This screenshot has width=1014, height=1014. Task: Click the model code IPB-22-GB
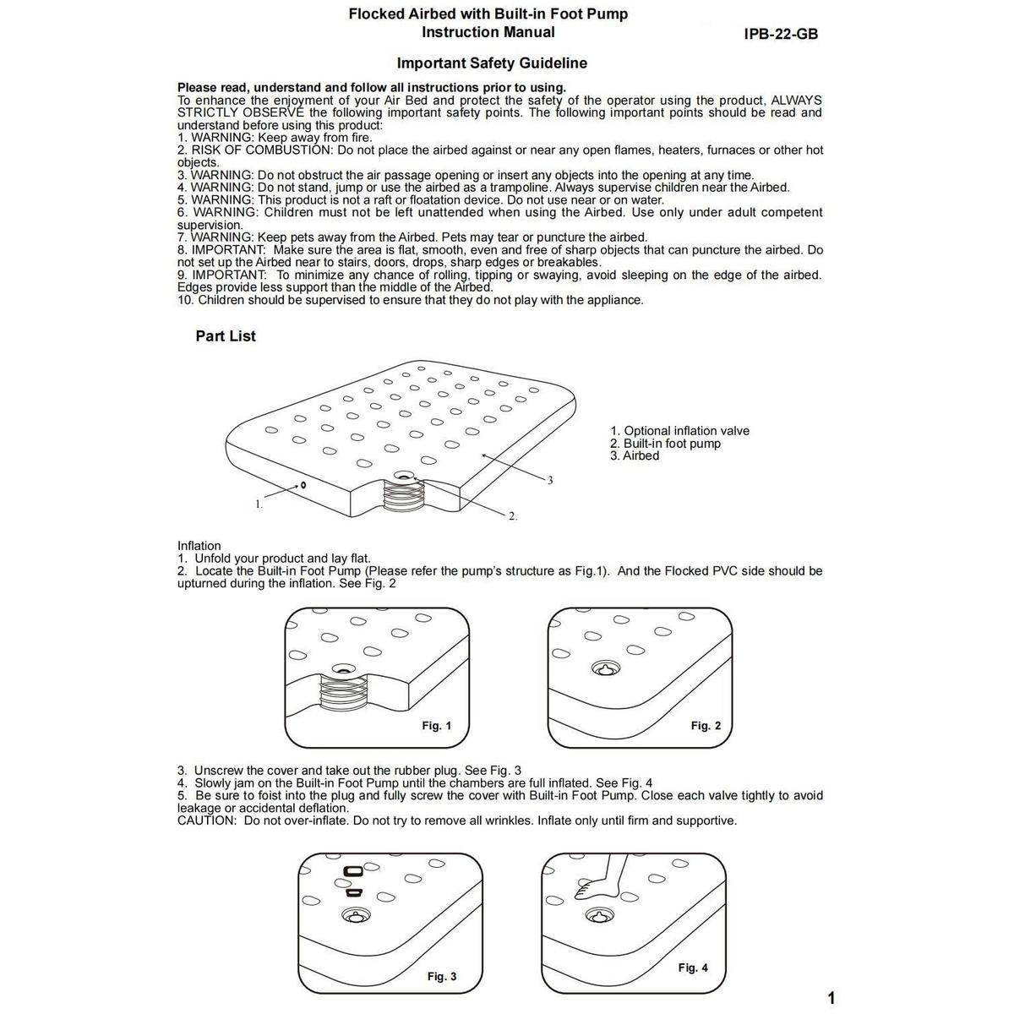[782, 35]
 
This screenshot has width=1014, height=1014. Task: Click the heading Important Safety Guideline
[492, 63]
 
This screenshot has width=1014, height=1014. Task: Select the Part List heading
[226, 336]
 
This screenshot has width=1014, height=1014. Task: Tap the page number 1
[831, 998]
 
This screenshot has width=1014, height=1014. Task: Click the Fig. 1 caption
[436, 726]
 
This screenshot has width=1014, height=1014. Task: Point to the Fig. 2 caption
[706, 726]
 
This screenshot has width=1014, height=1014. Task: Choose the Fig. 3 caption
[441, 977]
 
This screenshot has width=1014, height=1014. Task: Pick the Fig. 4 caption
[693, 968]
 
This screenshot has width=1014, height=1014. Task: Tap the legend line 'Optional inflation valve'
[679, 431]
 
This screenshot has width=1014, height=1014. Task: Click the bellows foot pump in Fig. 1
[343, 697]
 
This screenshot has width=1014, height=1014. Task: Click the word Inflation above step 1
[199, 546]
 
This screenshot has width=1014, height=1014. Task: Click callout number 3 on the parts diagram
[550, 481]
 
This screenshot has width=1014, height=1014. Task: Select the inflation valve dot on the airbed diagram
[302, 486]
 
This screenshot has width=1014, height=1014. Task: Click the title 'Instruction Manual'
[488, 32]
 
